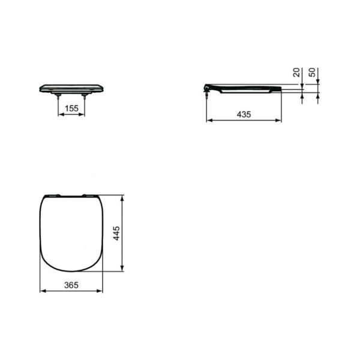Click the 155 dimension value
pyautogui.click(x=71, y=109)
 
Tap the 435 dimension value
pyautogui.click(x=244, y=115)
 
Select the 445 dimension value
pyautogui.click(x=116, y=233)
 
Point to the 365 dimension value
pyautogui.click(x=71, y=285)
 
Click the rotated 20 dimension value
pyautogui.click(x=296, y=72)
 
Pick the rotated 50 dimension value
pyautogui.click(x=312, y=73)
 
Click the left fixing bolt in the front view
pyautogui.click(x=58, y=97)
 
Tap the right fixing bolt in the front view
pyautogui.click(x=85, y=97)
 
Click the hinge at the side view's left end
pyautogui.click(x=207, y=88)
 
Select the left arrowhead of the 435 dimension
pyautogui.click(x=209, y=120)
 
